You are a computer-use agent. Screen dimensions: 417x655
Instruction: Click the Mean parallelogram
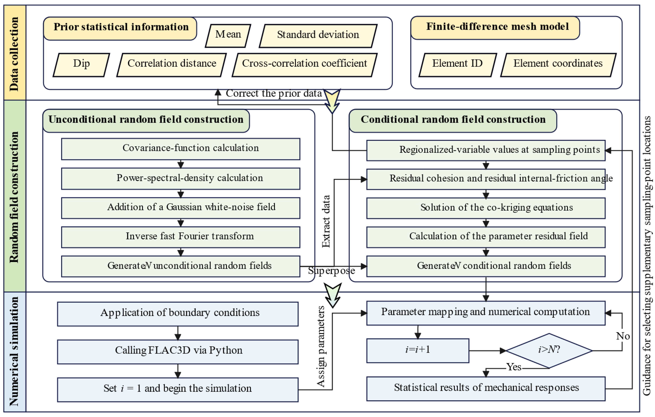tap(228, 36)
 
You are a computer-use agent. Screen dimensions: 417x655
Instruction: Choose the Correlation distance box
tap(172, 65)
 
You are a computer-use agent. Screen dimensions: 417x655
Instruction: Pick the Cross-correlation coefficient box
tap(305, 65)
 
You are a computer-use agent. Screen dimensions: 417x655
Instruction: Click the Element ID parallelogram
tap(457, 65)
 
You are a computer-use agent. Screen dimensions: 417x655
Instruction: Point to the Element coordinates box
tap(558, 65)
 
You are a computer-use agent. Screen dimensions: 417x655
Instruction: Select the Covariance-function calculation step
tap(181, 149)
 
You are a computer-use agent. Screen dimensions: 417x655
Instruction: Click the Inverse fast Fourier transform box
tap(181, 237)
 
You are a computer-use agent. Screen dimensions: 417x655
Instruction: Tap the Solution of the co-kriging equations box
tap(486, 208)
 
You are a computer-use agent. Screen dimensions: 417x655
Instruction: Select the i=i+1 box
tap(417, 350)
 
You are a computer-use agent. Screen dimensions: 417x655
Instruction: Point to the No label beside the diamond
tap(623, 336)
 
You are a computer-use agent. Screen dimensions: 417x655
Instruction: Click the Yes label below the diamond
tap(514, 367)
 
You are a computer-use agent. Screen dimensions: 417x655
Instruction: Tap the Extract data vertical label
tap(326, 221)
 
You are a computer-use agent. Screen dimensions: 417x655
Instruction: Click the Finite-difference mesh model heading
tap(497, 27)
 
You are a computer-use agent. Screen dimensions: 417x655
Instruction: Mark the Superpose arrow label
tap(331, 271)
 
